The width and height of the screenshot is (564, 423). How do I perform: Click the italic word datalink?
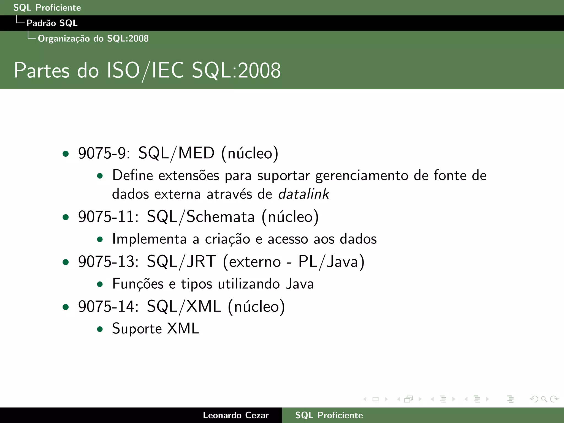coord(303,194)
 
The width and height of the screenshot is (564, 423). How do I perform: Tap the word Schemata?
coord(221,217)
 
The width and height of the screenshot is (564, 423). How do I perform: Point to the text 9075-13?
coord(108,262)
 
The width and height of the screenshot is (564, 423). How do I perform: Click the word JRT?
coord(201,262)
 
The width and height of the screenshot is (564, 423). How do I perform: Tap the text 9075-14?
coord(108,307)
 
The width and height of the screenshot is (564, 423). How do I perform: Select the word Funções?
coord(138,284)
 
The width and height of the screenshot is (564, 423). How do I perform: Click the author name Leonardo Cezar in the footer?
coord(236,415)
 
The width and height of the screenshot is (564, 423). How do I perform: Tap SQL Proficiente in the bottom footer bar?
coord(329,415)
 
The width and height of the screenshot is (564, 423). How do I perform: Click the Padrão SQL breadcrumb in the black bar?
coord(52,23)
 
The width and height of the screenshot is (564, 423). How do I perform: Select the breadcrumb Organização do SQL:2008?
coord(93,39)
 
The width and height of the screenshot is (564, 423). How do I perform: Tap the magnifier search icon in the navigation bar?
coord(544,399)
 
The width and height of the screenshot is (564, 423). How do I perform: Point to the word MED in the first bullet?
coord(196,153)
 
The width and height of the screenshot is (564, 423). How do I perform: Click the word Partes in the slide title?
coord(42,71)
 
